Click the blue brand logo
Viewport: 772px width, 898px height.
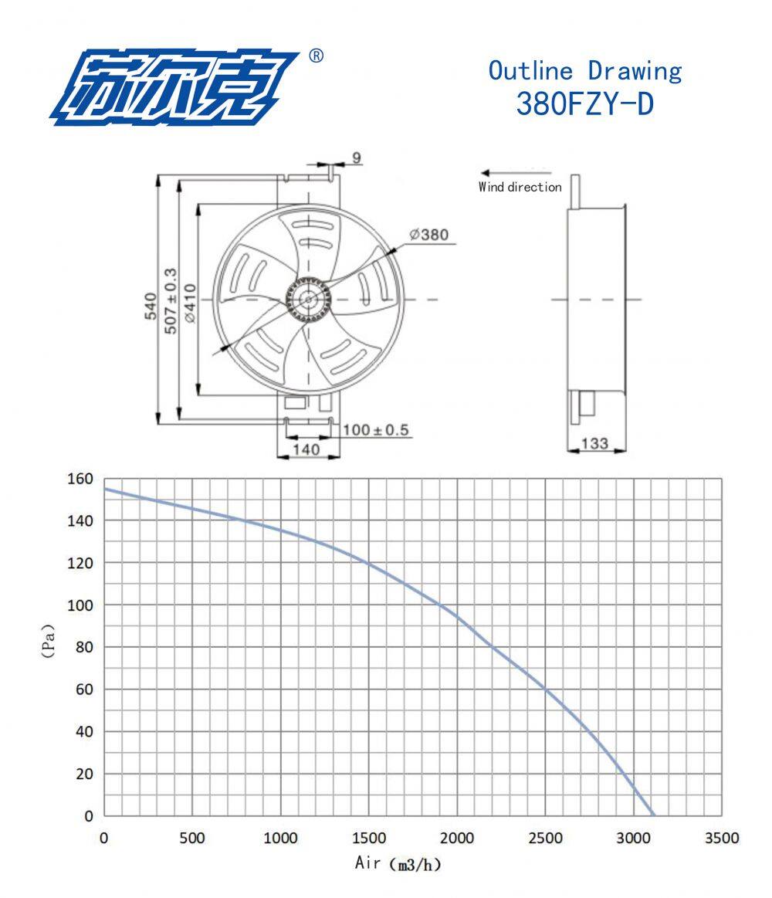(174, 87)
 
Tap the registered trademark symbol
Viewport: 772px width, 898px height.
(316, 56)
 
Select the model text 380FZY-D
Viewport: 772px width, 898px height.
(584, 103)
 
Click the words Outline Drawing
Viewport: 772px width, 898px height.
(584, 70)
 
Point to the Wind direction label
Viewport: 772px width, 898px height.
(520, 187)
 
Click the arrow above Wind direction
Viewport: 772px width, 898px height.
(516, 172)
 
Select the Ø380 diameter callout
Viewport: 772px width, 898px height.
(429, 234)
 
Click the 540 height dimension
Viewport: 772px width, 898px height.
(150, 306)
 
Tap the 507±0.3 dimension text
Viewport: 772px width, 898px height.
(171, 300)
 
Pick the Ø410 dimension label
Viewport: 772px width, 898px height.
(190, 303)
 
